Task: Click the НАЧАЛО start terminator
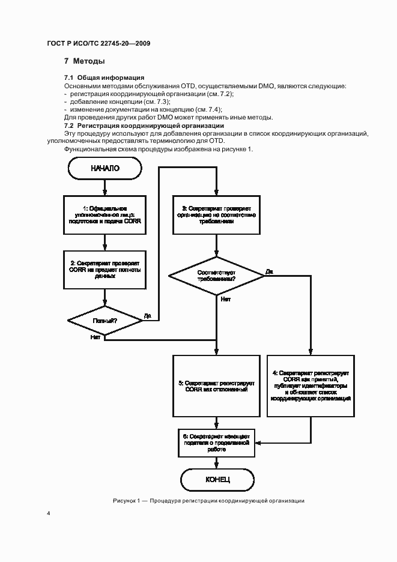105,169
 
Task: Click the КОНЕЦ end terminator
217,479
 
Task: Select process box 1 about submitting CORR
105,214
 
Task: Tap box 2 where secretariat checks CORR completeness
105,270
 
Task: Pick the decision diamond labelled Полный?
105,321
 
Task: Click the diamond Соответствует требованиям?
217,276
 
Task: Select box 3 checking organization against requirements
217,214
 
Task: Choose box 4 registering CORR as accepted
311,385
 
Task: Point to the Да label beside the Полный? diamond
147,315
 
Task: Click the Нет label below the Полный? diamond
95,337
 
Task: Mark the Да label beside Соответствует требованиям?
268,272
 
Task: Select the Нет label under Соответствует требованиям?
225,298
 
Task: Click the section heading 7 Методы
85,61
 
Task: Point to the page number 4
49,514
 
